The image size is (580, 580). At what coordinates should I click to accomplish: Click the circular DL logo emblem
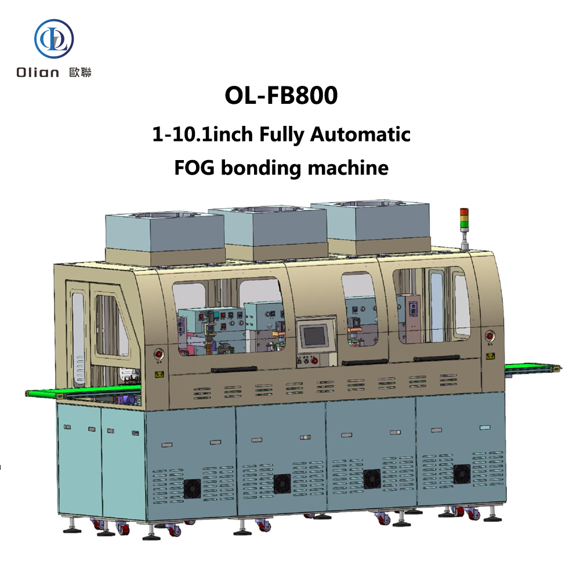point(54,39)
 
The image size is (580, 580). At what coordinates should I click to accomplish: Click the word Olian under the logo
point(38,72)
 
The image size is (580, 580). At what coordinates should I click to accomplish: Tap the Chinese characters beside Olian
point(80,72)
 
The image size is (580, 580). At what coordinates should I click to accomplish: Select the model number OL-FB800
point(281,96)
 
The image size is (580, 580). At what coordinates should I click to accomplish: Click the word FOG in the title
point(194,168)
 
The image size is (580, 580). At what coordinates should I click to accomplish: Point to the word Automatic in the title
point(360,134)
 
